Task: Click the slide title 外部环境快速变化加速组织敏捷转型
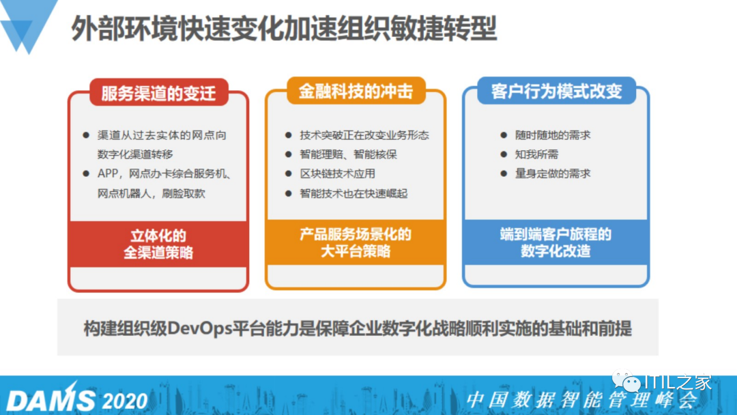[x=284, y=28]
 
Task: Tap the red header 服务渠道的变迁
[x=158, y=93]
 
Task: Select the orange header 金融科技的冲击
[x=356, y=91]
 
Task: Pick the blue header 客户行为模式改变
[x=557, y=91]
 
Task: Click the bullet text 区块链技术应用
[x=338, y=174]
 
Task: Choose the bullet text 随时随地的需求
[x=553, y=135]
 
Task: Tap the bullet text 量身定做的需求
[x=553, y=174]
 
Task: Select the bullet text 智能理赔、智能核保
[x=348, y=155]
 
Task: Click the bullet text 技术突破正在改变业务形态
[x=364, y=135]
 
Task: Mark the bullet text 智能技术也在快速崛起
[x=353, y=194]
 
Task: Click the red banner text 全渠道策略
[x=158, y=253]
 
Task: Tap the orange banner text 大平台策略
[x=356, y=251]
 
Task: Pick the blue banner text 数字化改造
[x=555, y=251]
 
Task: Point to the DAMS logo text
[x=50, y=399]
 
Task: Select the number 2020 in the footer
[x=125, y=401]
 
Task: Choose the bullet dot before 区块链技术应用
[x=289, y=174]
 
